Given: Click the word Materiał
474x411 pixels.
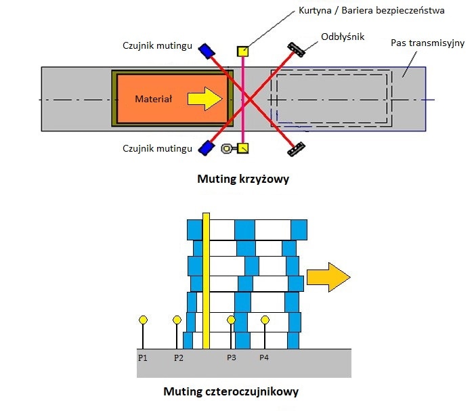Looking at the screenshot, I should click(x=154, y=99).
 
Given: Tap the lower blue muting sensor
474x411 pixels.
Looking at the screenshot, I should click(x=206, y=147).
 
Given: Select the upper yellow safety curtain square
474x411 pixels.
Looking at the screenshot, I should click(x=242, y=51).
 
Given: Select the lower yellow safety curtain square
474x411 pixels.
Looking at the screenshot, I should click(x=243, y=148).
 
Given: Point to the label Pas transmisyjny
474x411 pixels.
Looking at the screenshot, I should click(x=427, y=43).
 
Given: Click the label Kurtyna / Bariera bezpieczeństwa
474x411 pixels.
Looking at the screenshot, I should click(x=371, y=11).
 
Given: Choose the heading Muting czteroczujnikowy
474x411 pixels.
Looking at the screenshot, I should click(x=231, y=391).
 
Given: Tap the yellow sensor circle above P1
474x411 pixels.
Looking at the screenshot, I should click(x=143, y=320).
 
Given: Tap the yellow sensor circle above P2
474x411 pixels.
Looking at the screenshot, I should click(x=177, y=320).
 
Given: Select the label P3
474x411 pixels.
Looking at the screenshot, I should click(x=232, y=357).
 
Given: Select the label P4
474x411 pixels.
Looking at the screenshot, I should click(x=265, y=357).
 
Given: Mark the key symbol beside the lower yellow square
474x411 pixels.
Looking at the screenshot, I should click(x=228, y=148).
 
